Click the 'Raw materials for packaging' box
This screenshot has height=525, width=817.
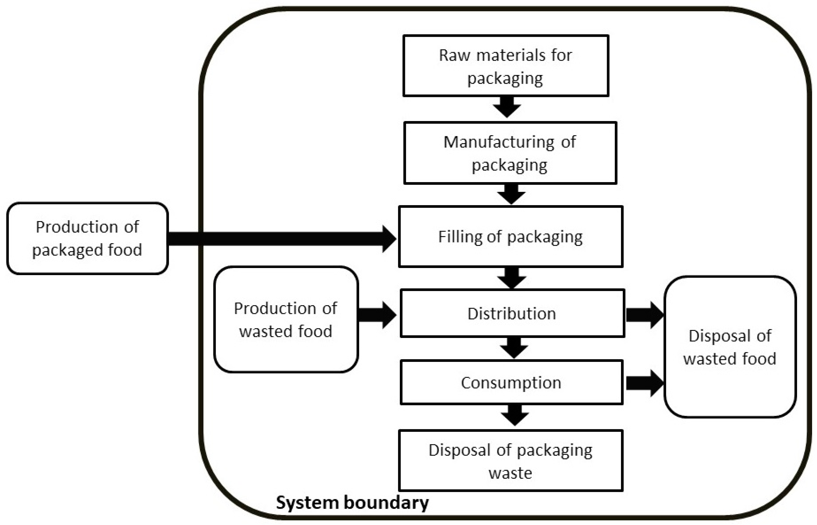coord(505,66)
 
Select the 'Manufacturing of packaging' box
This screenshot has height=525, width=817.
coord(510,153)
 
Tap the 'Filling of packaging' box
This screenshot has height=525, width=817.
coord(511,237)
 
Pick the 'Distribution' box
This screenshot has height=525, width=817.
coord(512,313)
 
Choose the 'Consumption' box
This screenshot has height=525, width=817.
coord(511,383)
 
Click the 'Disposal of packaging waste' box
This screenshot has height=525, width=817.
coord(511,461)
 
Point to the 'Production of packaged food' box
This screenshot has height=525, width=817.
coord(87,238)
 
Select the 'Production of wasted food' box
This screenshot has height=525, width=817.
coord(286,319)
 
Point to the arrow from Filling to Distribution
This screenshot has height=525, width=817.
coord(511,277)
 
